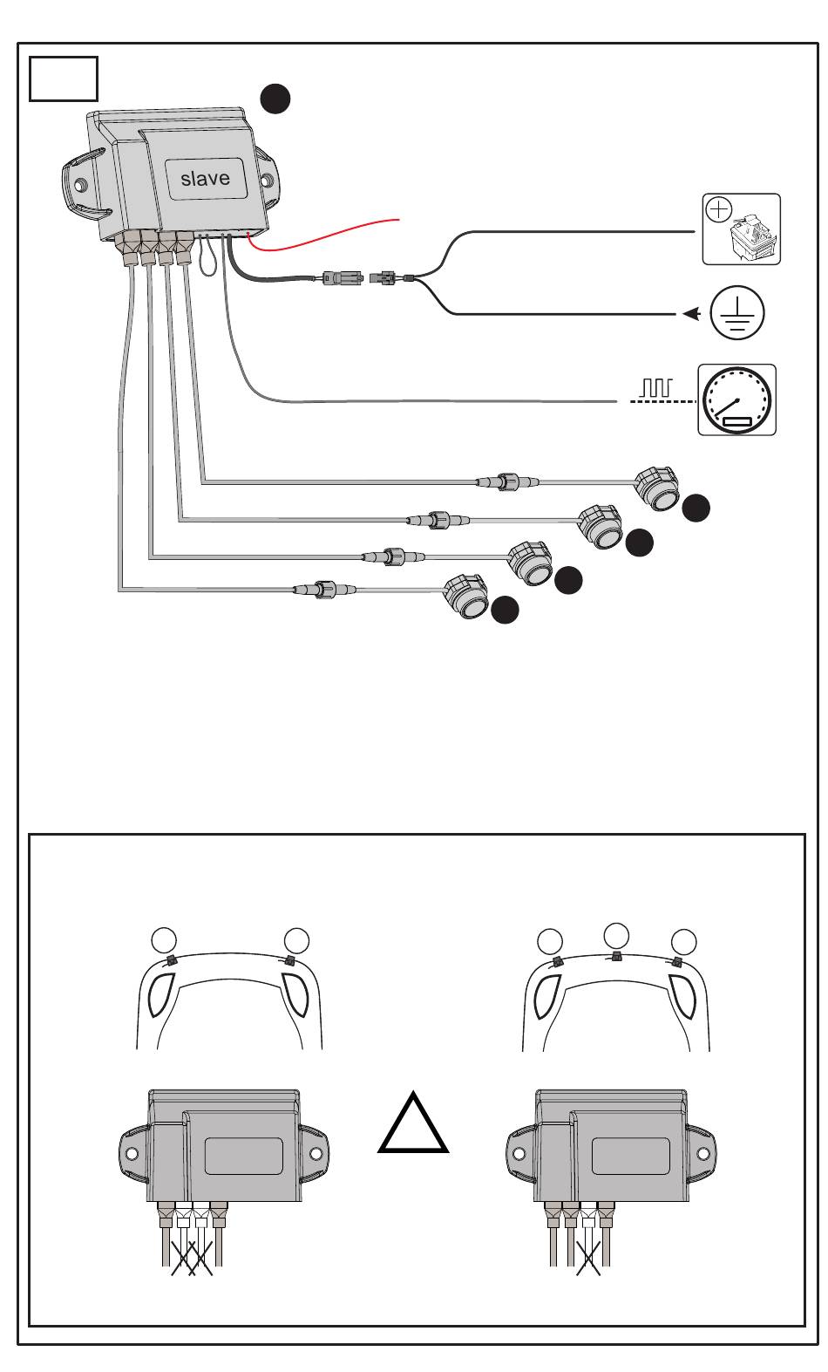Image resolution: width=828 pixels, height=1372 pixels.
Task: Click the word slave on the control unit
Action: click(206, 179)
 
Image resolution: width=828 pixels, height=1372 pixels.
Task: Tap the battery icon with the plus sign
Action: click(741, 229)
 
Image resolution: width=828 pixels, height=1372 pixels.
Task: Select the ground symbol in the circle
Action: click(736, 312)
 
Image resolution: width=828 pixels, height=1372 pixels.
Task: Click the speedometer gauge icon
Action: click(736, 400)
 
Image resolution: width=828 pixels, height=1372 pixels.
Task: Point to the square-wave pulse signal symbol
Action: click(656, 387)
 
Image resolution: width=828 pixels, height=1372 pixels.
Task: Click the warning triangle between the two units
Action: click(413, 1124)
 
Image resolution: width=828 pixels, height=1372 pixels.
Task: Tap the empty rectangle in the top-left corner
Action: click(64, 79)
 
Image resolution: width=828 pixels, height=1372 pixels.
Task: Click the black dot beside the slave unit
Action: click(275, 99)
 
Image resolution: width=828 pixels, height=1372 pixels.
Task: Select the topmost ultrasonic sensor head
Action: click(656, 488)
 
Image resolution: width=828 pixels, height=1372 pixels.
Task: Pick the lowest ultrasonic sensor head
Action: click(465, 596)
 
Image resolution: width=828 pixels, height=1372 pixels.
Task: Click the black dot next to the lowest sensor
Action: click(506, 610)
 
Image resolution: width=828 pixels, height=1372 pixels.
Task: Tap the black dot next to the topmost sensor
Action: click(696, 509)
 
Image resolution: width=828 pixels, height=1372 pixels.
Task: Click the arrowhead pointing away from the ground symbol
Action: click(691, 314)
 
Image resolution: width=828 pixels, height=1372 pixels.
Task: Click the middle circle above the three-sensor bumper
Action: click(616, 935)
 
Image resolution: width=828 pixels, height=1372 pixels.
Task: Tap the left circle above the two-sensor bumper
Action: click(164, 940)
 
